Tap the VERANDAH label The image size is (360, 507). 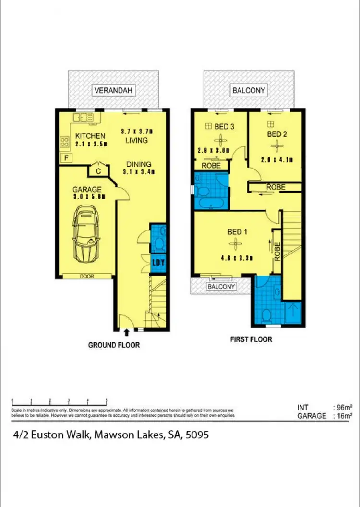pos(114,90)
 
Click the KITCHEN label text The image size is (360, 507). pos(90,136)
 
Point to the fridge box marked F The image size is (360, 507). pos(65,158)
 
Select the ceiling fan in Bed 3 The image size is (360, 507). pos(220,140)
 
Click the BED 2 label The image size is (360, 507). pos(277,134)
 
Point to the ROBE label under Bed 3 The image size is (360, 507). pos(211,166)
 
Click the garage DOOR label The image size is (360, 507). pos(87,277)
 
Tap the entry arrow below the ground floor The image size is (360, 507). pos(126,332)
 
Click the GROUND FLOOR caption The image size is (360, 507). pos(114,345)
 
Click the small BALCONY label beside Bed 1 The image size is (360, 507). pos(221,287)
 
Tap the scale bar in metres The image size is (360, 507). pos(59,401)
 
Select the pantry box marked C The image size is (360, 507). pos(97,170)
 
